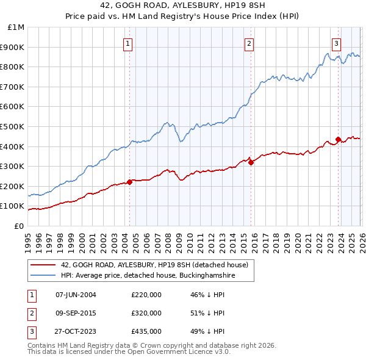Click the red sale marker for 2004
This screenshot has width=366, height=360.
pyautogui.click(x=129, y=182)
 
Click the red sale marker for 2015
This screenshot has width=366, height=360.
pyautogui.click(x=251, y=162)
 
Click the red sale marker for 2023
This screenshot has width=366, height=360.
pyautogui.click(x=338, y=139)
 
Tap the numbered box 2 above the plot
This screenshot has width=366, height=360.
pyautogui.click(x=250, y=43)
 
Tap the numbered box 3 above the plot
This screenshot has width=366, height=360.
pyautogui.click(x=337, y=43)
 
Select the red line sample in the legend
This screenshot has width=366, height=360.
pyautogui.click(x=43, y=265)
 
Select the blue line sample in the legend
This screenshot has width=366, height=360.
pyautogui.click(x=43, y=276)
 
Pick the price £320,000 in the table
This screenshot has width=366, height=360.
pyautogui.click(x=146, y=313)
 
